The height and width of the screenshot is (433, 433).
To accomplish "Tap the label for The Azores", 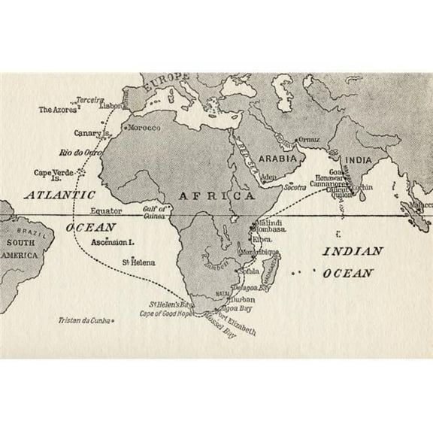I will pyautogui.click(x=54, y=110).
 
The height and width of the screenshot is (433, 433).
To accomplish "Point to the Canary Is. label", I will pyautogui.click(x=92, y=133).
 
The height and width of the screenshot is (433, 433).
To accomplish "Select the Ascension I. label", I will pyautogui.click(x=111, y=243).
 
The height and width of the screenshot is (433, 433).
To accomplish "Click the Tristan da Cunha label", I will pyautogui.click(x=83, y=320).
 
